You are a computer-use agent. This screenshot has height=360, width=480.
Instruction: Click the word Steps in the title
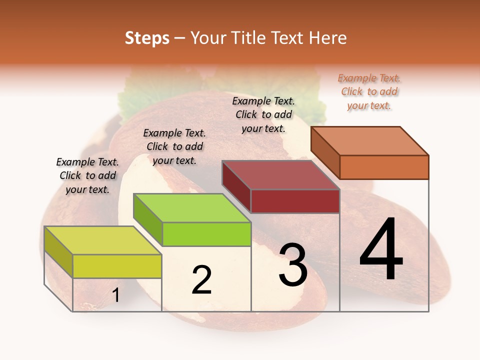click(x=147, y=38)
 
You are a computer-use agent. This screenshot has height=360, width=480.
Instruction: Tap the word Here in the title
click(x=328, y=38)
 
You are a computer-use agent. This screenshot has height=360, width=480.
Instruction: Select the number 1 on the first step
click(x=116, y=295)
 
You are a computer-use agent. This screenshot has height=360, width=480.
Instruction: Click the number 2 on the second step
click(x=201, y=280)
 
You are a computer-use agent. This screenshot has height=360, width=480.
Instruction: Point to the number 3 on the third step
click(x=293, y=265)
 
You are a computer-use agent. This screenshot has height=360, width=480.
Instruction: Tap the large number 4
click(x=381, y=250)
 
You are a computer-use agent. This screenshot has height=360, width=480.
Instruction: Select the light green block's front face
click(x=206, y=234)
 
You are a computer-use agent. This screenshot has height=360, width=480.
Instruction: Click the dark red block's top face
click(x=280, y=175)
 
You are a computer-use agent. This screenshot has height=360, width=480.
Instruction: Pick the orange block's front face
click(x=384, y=167)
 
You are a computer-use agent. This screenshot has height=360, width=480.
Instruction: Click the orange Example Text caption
click(x=369, y=91)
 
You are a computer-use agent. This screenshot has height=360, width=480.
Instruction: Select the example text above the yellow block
click(x=87, y=175)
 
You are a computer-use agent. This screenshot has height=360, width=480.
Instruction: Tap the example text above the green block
click(x=174, y=146)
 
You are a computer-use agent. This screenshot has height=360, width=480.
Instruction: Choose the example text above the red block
click(x=263, y=114)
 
